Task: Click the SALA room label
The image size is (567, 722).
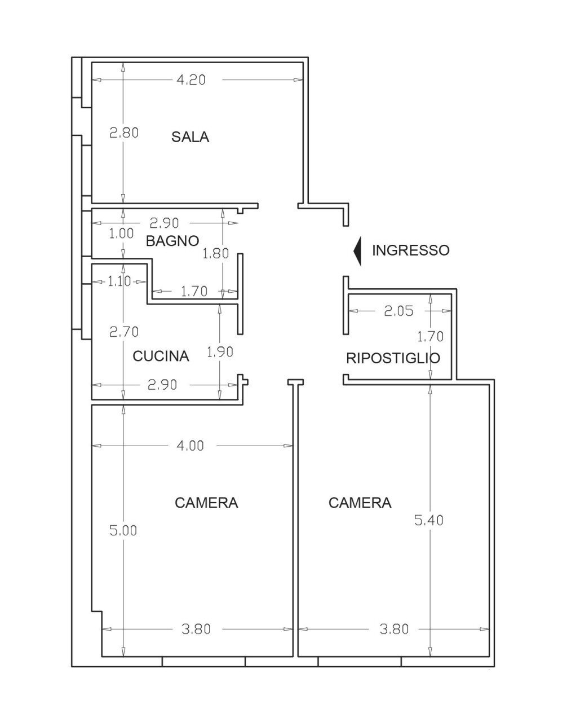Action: [x=190, y=137]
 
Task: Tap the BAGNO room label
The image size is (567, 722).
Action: [x=172, y=241]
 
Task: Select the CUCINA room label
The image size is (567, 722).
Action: [x=161, y=356]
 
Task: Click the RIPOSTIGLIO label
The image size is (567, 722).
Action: [x=393, y=358]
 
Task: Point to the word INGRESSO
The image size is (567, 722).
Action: [x=410, y=250]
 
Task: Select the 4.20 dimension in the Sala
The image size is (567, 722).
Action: [x=191, y=80]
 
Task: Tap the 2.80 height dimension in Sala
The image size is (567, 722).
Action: [x=123, y=133]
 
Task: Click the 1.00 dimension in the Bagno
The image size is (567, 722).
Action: [x=121, y=233]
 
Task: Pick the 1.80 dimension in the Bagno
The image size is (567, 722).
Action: [x=216, y=253]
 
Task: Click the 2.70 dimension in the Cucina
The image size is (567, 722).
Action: [x=123, y=332]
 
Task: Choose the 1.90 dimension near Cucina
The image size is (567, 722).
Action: [x=220, y=351]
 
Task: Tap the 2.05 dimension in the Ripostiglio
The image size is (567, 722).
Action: [x=398, y=310]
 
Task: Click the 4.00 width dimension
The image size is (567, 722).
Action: [x=190, y=446]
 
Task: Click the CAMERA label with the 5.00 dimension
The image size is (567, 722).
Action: [x=206, y=503]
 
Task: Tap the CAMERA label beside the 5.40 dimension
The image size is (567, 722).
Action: [x=360, y=503]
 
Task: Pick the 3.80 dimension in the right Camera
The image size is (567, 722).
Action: [x=394, y=628]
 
